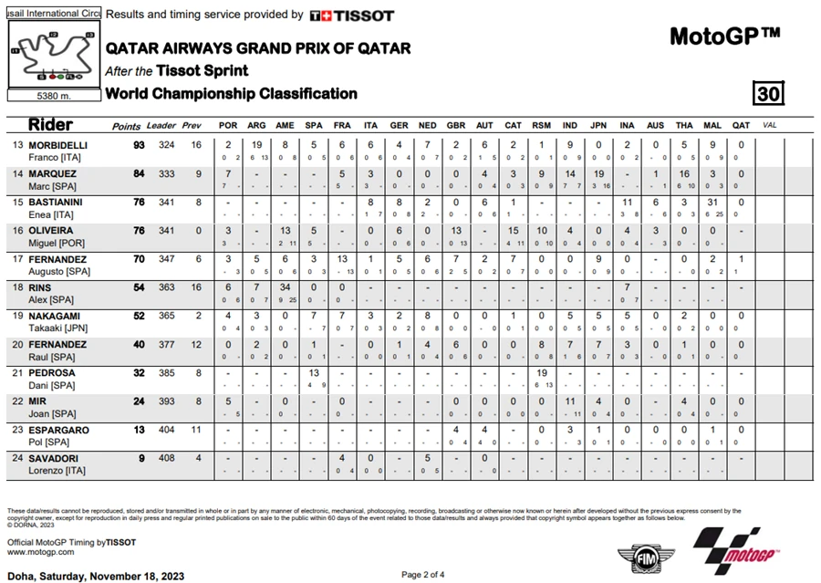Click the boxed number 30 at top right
click(x=768, y=93)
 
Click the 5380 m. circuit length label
click(x=54, y=95)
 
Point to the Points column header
click(x=126, y=126)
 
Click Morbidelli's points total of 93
click(x=137, y=145)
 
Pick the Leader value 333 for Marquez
click(x=167, y=173)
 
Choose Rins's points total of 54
click(x=137, y=287)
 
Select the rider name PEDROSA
click(x=51, y=372)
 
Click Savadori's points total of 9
click(x=141, y=458)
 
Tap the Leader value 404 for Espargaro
click(x=167, y=430)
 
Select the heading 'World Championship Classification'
click(x=231, y=93)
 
